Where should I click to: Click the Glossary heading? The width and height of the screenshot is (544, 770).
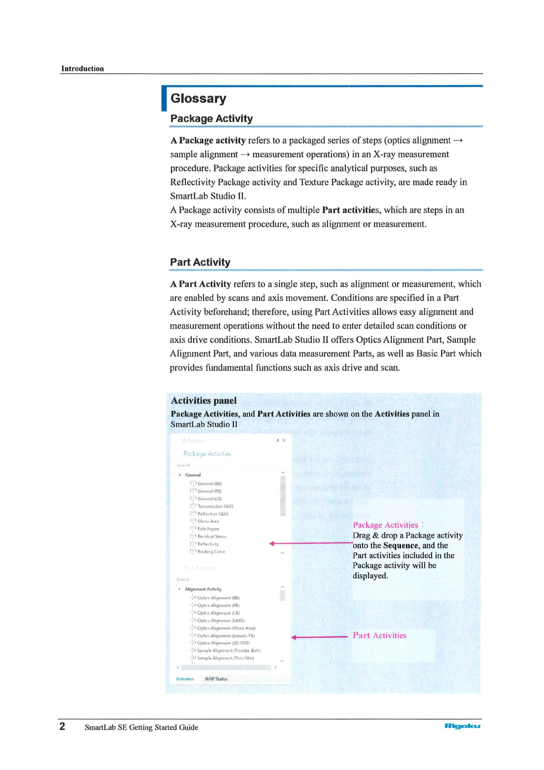coord(198,98)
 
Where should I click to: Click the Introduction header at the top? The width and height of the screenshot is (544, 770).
coord(83,69)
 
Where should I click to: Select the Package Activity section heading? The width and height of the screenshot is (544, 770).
coord(211,118)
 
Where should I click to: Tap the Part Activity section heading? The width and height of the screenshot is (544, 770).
coord(200,262)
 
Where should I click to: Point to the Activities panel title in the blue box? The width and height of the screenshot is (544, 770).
coord(204,401)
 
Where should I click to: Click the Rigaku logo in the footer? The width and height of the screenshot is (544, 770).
coord(462,726)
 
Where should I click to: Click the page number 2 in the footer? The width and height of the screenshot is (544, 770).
coord(63,727)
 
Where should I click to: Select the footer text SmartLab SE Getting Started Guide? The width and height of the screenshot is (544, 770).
coord(141,727)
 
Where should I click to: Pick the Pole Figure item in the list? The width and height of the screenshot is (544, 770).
coord(208,529)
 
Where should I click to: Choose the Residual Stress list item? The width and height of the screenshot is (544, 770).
coord(211,536)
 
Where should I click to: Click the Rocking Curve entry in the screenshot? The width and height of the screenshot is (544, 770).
coord(211,552)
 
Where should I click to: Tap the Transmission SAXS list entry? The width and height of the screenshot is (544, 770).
coord(215,506)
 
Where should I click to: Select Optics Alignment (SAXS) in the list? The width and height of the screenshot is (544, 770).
coord(221,620)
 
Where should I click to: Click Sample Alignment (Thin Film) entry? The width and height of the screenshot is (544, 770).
coord(225,658)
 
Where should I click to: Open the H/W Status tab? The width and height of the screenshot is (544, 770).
coord(216,679)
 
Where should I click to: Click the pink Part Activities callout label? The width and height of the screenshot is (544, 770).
coord(380,636)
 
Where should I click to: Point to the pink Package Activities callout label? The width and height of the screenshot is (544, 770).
coord(386,525)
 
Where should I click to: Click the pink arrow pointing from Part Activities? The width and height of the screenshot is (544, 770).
coord(320,637)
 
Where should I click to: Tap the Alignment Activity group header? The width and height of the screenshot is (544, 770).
coord(203,589)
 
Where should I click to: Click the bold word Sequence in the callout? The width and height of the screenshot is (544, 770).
coord(401,545)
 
